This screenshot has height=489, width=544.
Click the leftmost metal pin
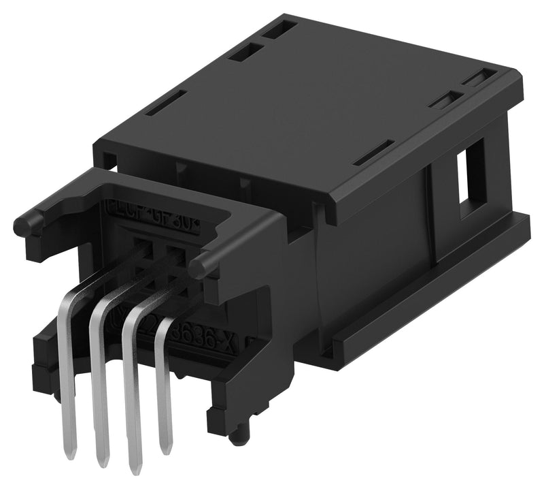pyautogui.click(x=69, y=381)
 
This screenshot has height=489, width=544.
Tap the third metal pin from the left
pyautogui.click(x=132, y=388)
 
